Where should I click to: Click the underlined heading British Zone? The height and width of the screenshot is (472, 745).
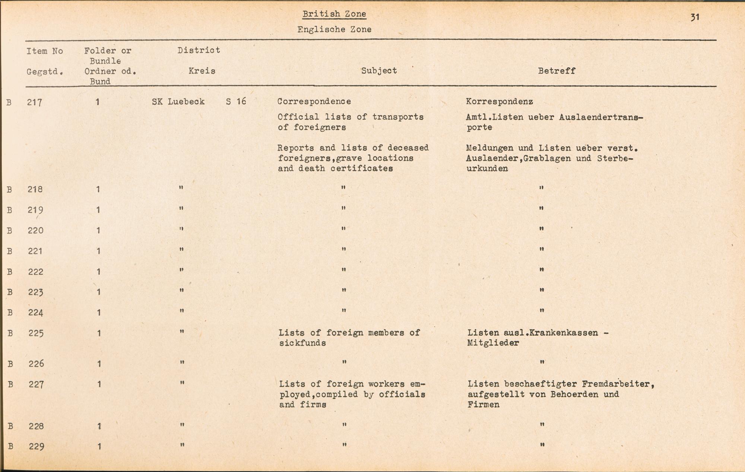(x=334, y=14)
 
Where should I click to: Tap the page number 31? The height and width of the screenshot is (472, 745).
(x=695, y=17)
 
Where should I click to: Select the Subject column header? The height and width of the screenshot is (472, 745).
(x=379, y=71)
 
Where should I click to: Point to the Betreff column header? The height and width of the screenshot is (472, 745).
(x=557, y=71)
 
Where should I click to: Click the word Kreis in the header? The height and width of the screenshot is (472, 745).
(x=202, y=71)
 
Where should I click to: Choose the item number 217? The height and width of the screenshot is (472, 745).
(x=35, y=102)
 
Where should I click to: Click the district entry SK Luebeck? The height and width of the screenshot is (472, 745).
(x=178, y=102)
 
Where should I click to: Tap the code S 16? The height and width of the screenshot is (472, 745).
(x=236, y=101)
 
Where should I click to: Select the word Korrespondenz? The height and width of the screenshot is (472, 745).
(x=499, y=101)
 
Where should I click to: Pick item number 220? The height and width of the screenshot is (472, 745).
(x=36, y=231)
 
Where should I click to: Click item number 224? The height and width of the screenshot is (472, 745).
(x=36, y=313)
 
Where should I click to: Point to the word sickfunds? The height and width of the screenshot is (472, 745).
(x=302, y=343)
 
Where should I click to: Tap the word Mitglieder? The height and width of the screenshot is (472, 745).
(x=493, y=343)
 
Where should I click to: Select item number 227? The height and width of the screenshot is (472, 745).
(x=36, y=384)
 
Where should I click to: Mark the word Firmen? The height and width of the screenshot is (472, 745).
(x=484, y=405)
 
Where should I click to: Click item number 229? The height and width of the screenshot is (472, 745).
(x=37, y=446)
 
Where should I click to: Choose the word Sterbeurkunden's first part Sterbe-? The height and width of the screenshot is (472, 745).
(x=615, y=158)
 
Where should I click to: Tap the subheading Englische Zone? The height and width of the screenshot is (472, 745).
(x=334, y=29)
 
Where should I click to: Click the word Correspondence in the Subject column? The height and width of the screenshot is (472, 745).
(x=314, y=101)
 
